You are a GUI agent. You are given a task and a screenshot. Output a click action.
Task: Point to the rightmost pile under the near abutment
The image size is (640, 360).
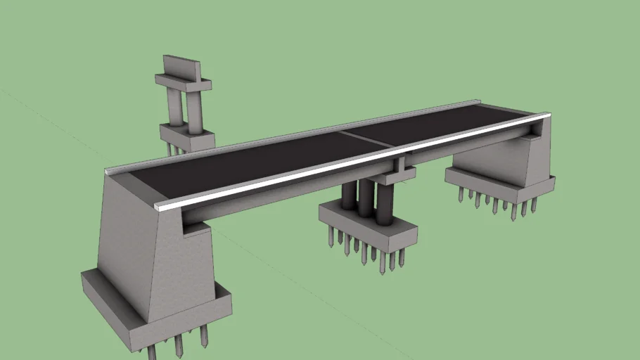204,335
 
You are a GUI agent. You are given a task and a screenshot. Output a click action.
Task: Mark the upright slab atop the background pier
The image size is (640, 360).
181,67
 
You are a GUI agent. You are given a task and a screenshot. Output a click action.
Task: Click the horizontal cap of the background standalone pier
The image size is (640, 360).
183,84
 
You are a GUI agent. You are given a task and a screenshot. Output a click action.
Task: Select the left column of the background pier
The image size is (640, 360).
174,106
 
